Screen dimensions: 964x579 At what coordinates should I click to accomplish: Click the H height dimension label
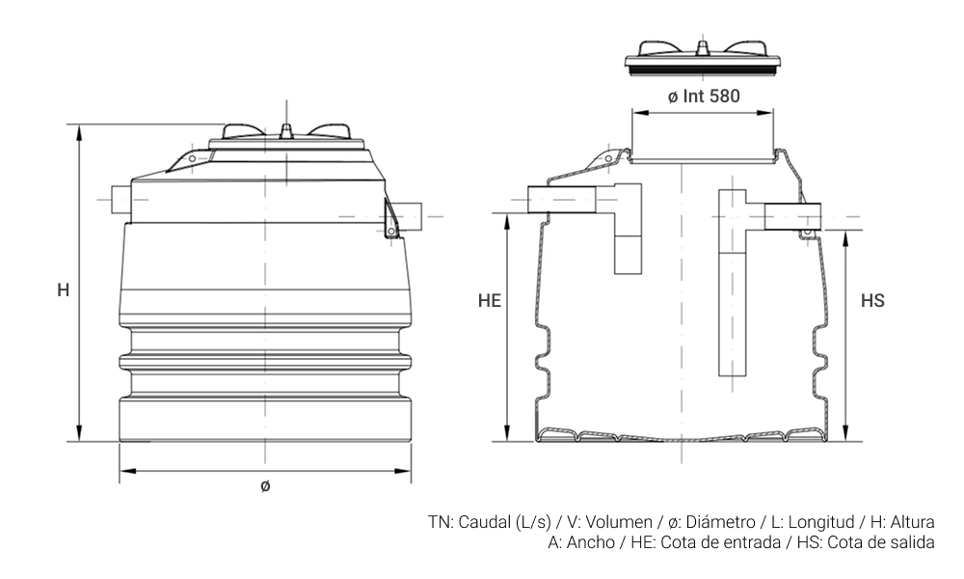(64, 289)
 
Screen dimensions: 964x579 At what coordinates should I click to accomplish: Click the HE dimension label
(490, 300)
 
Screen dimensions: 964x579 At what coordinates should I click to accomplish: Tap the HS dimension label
(872, 300)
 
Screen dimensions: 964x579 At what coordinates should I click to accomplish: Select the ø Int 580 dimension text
(704, 96)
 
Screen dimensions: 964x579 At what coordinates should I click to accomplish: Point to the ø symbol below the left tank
(265, 486)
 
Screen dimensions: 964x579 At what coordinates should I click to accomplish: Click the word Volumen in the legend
(619, 522)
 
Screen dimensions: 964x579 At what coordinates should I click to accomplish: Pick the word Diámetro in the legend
(720, 522)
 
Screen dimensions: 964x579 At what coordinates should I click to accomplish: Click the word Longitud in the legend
(821, 522)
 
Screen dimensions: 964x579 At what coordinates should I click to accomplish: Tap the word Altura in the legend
(912, 522)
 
